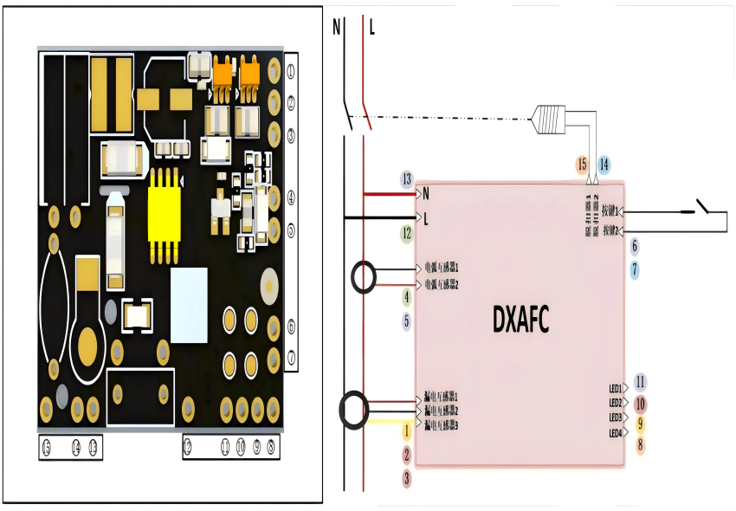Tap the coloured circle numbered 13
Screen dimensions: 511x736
tap(407, 179)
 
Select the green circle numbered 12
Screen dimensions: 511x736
tap(407, 233)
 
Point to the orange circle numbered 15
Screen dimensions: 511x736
tap(582, 164)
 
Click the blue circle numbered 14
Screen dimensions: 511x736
tap(604, 164)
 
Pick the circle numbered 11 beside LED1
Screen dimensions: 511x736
tap(641, 382)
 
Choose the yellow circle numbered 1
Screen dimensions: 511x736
tap(406, 430)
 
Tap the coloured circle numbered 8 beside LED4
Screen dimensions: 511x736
tap(641, 445)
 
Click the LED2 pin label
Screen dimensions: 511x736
tap(616, 403)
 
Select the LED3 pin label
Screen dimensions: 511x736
tap(616, 417)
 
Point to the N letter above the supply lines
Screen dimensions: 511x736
tap(337, 26)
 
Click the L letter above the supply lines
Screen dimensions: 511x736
tap(372, 27)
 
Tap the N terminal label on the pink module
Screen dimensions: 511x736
tap(426, 192)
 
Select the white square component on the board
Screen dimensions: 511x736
tap(189, 305)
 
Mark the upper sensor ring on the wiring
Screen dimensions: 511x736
tap(365, 278)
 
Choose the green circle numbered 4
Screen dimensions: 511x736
tap(406, 298)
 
